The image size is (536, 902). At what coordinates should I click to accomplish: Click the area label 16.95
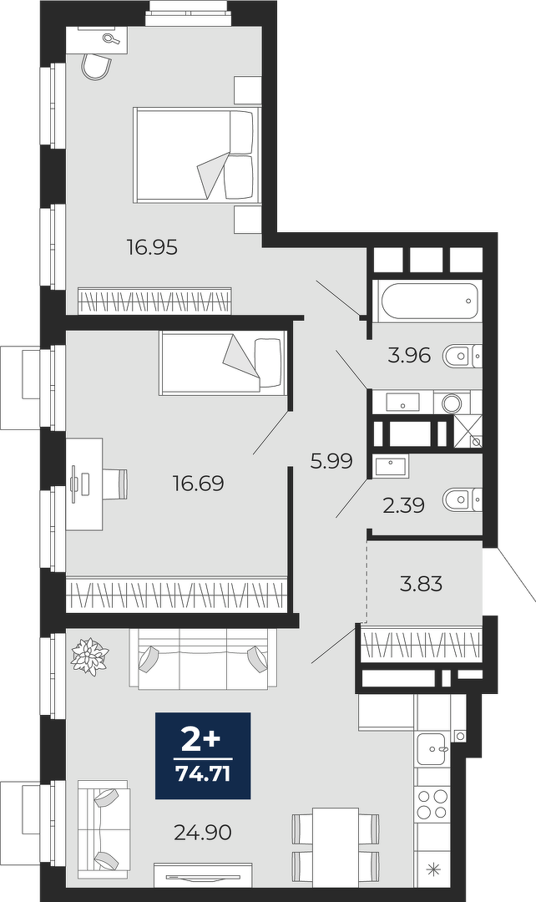[x=153, y=248]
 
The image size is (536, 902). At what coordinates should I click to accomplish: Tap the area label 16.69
[x=199, y=484]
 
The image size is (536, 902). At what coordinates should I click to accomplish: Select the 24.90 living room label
[x=203, y=832]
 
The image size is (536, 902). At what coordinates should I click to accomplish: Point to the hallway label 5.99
[x=331, y=461]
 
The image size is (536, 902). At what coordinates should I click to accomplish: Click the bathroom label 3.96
[x=409, y=356]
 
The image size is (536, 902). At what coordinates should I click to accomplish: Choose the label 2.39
[x=404, y=505]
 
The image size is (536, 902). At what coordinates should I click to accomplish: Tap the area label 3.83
[x=422, y=585]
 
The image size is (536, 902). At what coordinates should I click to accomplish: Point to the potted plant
[x=89, y=656]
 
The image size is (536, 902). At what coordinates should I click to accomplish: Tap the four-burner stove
[x=432, y=804]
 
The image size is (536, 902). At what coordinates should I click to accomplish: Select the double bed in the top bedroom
[x=193, y=155]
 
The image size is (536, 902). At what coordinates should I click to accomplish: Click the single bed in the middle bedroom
[x=223, y=363]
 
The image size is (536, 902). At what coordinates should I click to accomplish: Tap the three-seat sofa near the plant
[x=202, y=659]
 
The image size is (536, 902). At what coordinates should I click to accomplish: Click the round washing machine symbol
[x=452, y=403]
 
